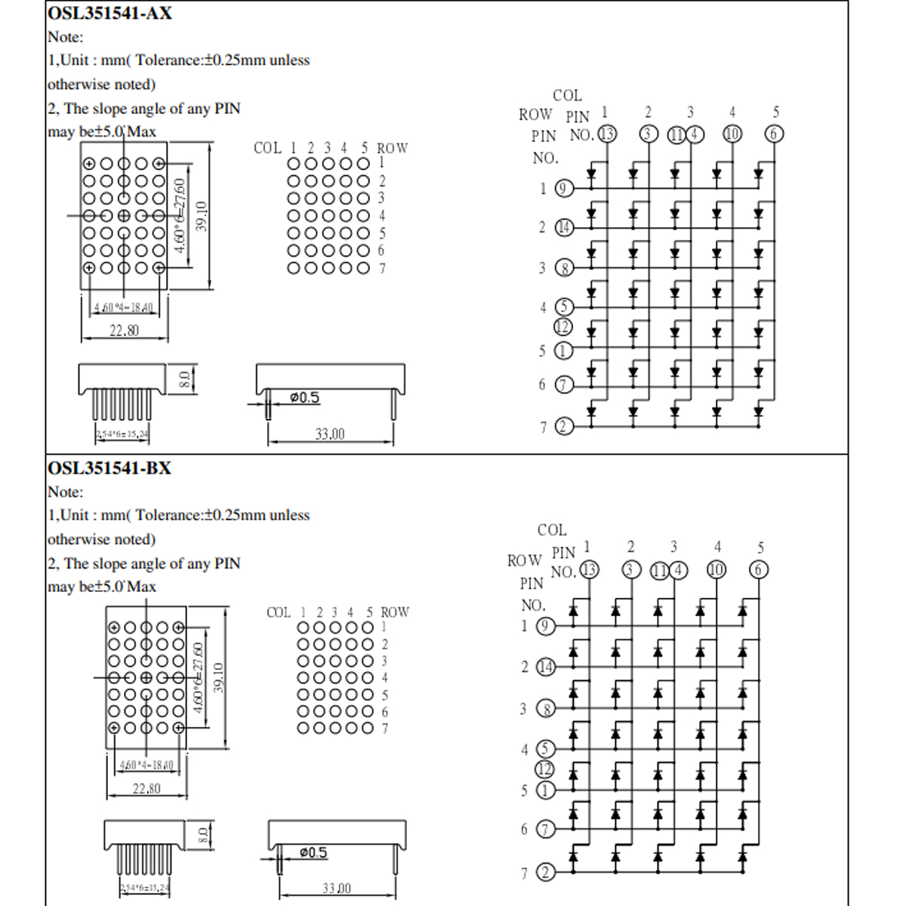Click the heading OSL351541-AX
pos(109,13)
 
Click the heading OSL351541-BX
pos(109,468)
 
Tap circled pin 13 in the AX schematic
pos(607,134)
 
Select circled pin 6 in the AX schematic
pos(775,134)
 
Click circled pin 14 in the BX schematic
pos(545,667)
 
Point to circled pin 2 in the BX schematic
pos(545,873)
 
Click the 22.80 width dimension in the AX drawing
pos(124,331)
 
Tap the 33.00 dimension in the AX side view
pos(330,434)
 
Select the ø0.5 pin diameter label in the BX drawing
pos(313,852)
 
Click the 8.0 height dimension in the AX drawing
pos(183,380)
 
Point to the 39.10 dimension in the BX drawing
pos(219,677)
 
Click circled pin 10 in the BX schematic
pos(716,570)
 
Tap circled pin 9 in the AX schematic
pos(564,189)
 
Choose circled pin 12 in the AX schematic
pos(563,327)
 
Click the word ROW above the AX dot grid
pos(392,148)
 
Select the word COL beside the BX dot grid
pos(278,612)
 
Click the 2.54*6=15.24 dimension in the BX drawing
pos(144,889)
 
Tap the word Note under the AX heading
pos(65,37)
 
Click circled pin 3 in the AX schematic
pos(649,134)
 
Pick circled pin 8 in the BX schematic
pos(545,709)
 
